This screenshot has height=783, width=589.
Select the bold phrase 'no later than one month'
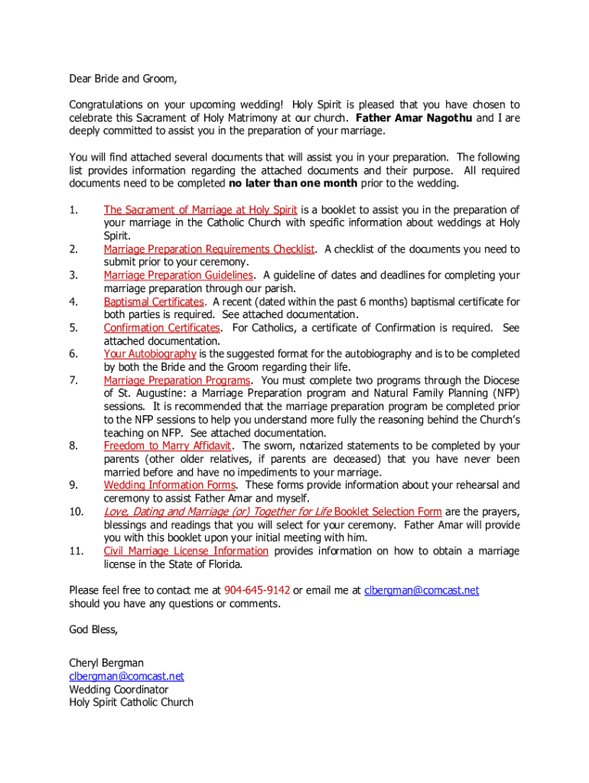293,184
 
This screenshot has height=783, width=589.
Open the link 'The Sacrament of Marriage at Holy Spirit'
200,210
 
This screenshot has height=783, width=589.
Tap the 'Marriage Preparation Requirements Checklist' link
209,249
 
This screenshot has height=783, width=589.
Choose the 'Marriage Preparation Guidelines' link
178,275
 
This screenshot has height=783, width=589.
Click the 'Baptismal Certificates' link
154,301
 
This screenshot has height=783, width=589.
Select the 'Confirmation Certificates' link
161,328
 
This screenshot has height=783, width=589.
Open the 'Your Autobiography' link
150,354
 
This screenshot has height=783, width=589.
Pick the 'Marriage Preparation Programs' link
177,380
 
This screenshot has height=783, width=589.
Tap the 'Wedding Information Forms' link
170,485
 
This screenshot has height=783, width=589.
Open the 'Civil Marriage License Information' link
186,551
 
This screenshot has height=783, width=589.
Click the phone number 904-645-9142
257,590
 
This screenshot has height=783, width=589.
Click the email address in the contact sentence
421,590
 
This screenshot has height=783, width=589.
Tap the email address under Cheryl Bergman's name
126,676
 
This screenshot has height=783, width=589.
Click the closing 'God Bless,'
93,629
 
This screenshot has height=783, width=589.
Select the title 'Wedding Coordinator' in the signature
119,689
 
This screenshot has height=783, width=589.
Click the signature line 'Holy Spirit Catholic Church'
131,702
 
